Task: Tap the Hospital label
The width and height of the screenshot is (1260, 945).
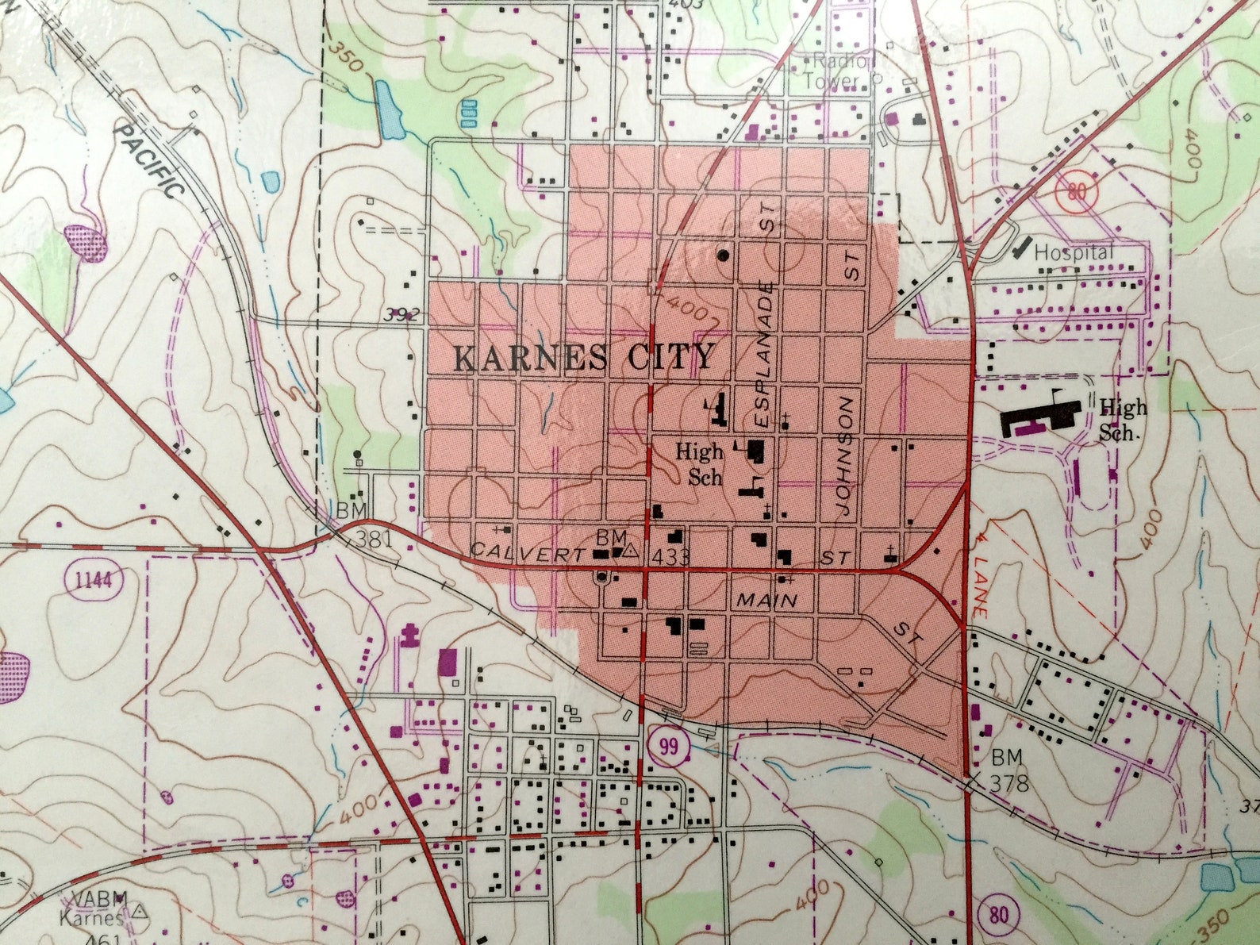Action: click(1074, 253)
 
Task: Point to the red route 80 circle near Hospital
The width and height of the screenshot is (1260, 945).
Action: click(1076, 192)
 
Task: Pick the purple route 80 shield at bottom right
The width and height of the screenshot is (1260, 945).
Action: click(998, 915)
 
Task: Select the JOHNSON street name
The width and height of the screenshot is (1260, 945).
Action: click(846, 456)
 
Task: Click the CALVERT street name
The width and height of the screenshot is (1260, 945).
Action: click(528, 552)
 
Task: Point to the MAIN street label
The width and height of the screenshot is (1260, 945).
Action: click(766, 601)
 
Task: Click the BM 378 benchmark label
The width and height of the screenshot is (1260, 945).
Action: click(1008, 770)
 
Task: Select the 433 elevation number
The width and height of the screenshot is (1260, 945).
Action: click(671, 557)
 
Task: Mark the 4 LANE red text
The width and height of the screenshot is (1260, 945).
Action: click(979, 569)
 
